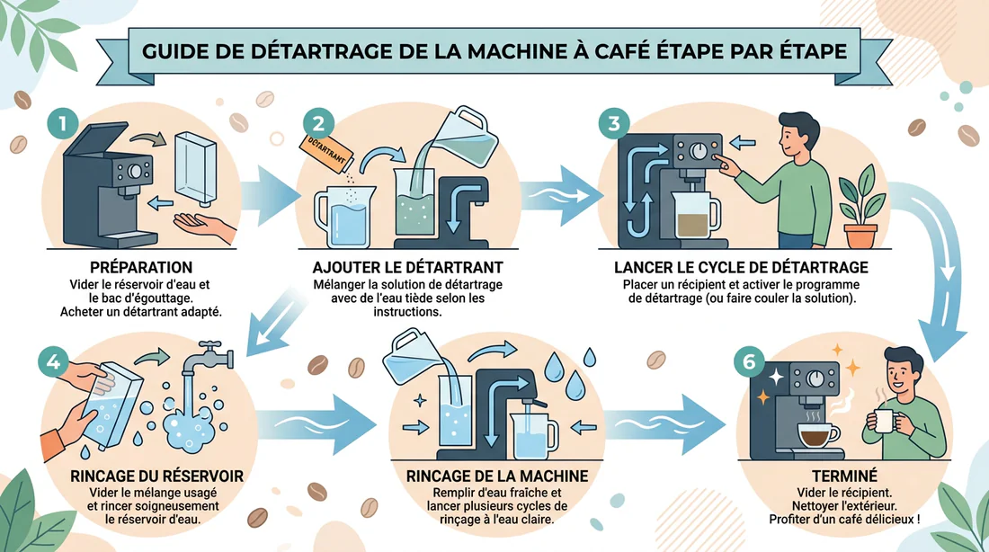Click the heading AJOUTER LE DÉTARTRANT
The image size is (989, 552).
(407, 268)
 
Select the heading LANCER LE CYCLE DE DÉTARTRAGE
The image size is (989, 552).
(741, 268)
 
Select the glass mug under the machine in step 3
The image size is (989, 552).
(697, 217)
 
